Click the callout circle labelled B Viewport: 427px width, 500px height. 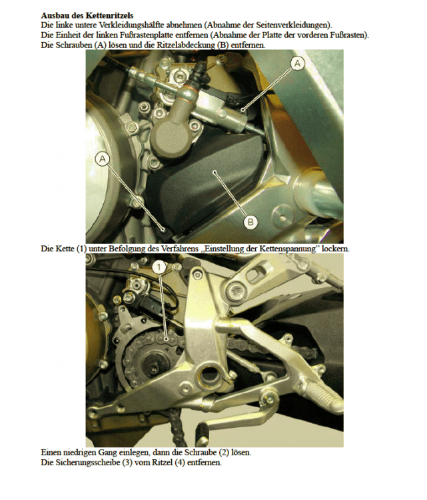point(250,221)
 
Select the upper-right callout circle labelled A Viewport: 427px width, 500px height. point(298,63)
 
